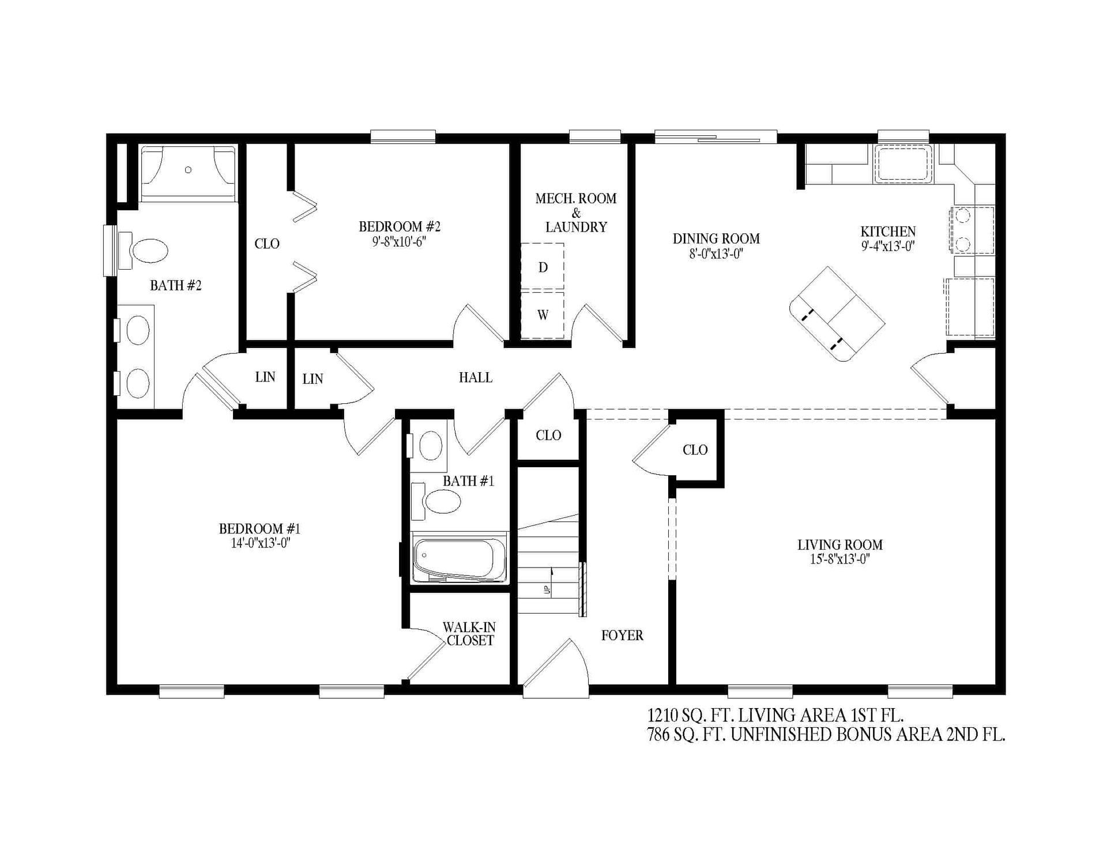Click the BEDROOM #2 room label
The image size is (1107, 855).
(399, 226)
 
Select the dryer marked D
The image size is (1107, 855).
(543, 267)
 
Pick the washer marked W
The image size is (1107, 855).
(543, 315)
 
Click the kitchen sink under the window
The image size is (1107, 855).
(903, 164)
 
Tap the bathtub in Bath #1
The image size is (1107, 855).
(459, 558)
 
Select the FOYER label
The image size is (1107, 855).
(622, 635)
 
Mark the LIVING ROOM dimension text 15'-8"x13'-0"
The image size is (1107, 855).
(839, 559)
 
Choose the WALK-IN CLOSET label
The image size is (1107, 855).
(469, 634)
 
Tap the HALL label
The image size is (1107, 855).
(475, 378)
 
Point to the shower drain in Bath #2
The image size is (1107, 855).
(188, 169)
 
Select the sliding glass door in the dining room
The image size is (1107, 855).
(715, 137)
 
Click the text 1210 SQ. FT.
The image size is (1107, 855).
(691, 716)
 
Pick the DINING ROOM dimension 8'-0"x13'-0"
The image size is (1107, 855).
(716, 254)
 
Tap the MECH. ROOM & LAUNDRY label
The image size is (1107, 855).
(575, 213)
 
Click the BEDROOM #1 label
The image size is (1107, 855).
(259, 528)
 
